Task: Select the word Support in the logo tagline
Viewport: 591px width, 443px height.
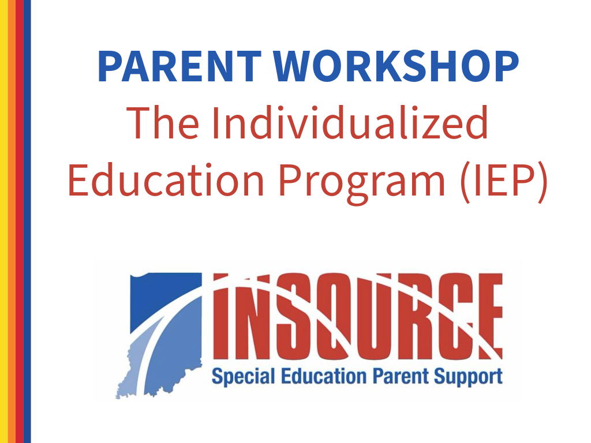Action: [x=467, y=377]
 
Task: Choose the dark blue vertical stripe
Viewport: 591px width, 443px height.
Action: [x=27, y=221]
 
